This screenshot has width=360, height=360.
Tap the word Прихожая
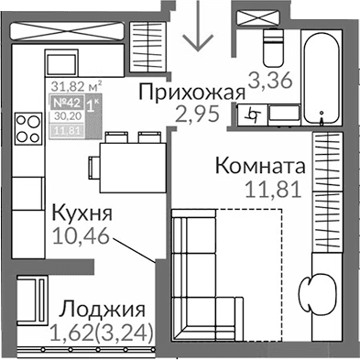pyautogui.click(x=193, y=92)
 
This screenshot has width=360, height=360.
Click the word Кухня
pyautogui.click(x=82, y=214)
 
